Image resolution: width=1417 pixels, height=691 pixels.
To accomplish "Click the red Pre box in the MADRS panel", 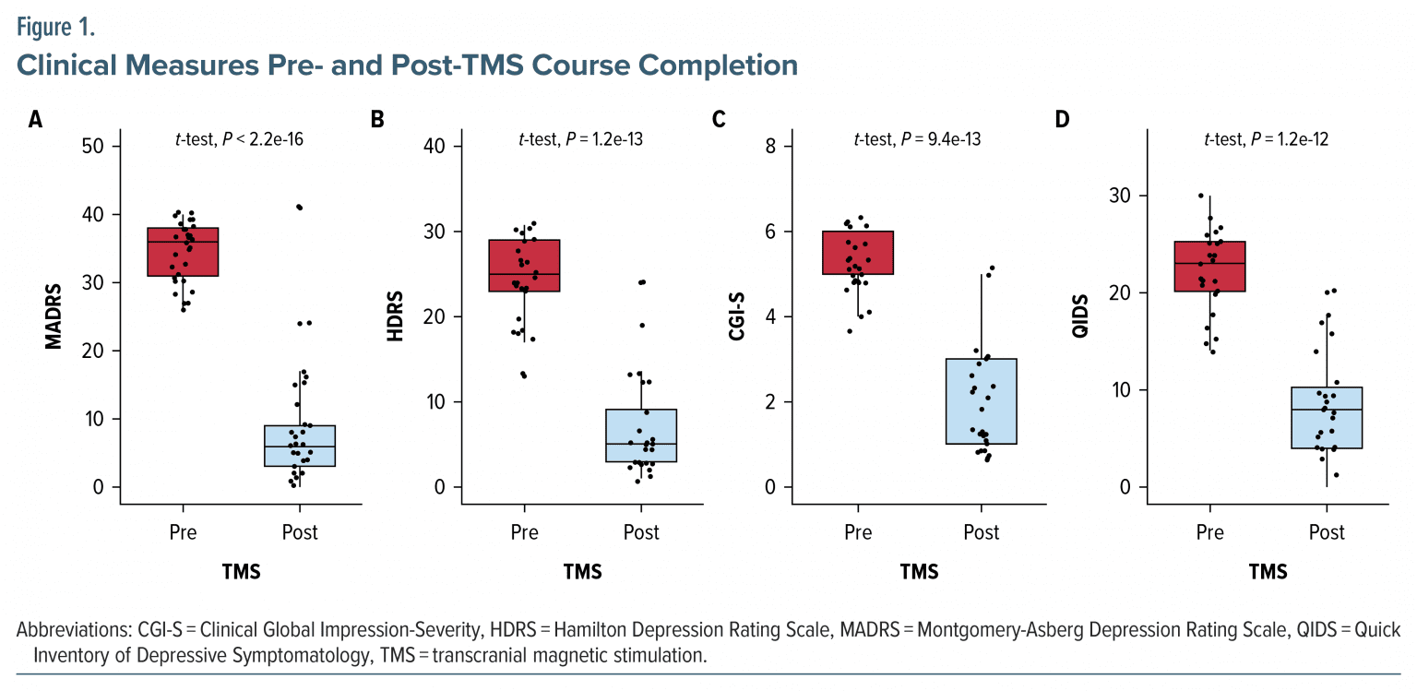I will [183, 251].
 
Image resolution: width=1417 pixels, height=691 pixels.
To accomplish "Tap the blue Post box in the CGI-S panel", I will [981, 401].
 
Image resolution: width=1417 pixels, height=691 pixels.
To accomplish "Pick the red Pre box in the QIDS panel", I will [1209, 266].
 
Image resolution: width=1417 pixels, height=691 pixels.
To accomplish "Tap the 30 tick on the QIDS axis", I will [1119, 196].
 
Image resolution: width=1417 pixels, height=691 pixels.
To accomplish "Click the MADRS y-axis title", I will [54, 316].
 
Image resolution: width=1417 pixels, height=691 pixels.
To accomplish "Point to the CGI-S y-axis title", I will [737, 316].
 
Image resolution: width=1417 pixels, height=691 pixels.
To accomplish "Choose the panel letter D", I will [1062, 119].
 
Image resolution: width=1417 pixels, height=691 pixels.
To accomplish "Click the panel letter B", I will [376, 119].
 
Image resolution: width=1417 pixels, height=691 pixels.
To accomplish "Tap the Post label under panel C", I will [981, 532].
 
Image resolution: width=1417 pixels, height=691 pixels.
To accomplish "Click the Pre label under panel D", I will [1209, 532].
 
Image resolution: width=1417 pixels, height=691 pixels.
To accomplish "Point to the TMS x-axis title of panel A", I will [241, 572].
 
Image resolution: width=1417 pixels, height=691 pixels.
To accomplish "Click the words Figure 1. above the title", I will [55, 27].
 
